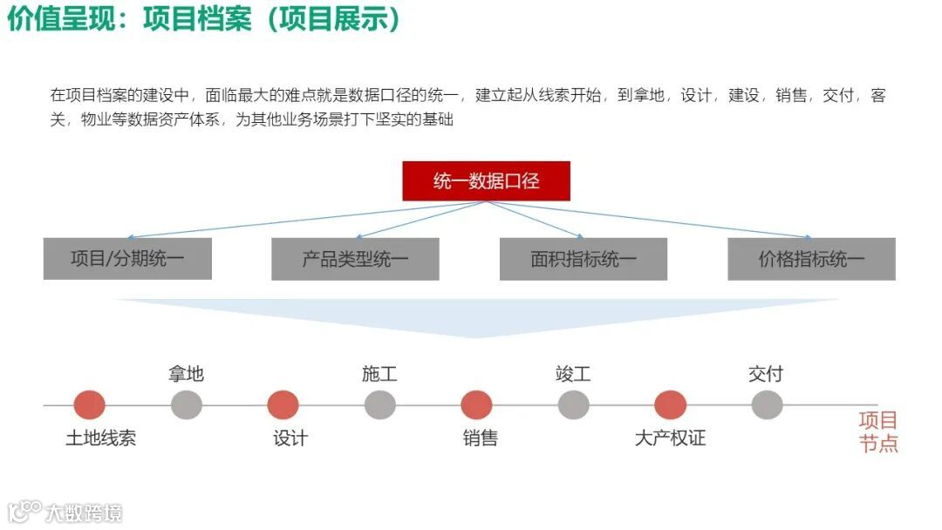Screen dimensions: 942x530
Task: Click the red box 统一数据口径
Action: tap(486, 181)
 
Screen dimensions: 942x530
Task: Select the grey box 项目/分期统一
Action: tap(127, 259)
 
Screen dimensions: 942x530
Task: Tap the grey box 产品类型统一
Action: tap(355, 259)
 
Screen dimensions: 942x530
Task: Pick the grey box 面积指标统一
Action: tap(584, 259)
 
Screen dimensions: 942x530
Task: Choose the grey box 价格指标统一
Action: tap(811, 259)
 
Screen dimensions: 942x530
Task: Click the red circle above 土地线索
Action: tap(89, 405)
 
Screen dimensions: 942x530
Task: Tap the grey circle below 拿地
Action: tap(186, 405)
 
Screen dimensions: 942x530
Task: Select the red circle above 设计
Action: tap(283, 405)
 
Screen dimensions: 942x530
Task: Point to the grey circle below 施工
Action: tap(379, 405)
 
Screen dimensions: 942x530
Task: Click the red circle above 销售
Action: tap(476, 405)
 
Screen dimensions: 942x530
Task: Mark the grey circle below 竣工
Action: tap(573, 405)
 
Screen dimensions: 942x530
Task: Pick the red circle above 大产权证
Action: tap(670, 405)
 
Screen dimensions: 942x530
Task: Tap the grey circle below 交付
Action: tap(767, 405)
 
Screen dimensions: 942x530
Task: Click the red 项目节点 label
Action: tap(878, 431)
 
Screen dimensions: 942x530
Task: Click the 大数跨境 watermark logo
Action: tap(65, 512)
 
